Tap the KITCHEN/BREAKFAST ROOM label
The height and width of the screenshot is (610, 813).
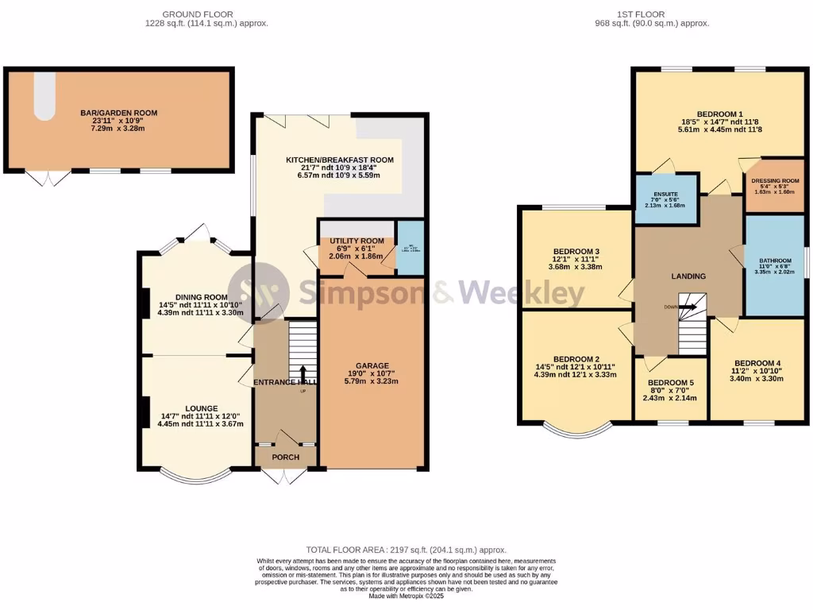(x=340, y=160)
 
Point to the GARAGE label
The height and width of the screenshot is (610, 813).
(x=372, y=367)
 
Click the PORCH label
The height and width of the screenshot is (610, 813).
(x=285, y=457)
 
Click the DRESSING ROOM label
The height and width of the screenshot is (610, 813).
(x=775, y=181)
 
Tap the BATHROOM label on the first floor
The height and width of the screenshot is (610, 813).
(x=774, y=260)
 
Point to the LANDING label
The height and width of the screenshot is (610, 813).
(x=688, y=276)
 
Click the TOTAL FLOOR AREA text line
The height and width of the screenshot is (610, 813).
(x=406, y=550)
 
